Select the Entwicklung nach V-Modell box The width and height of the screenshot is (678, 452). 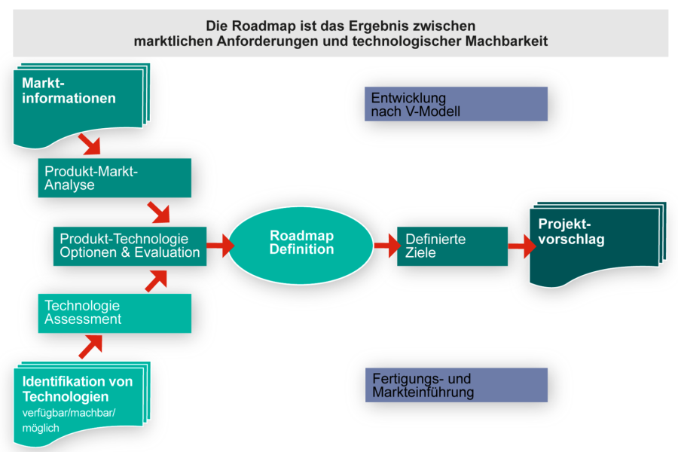tap(455, 104)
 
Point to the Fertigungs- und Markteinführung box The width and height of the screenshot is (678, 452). tap(455, 385)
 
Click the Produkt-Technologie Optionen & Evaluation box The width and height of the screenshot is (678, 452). tap(130, 246)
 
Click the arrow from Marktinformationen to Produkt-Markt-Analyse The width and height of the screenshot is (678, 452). tap(90, 142)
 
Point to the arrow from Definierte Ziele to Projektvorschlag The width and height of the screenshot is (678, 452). tap(520, 246)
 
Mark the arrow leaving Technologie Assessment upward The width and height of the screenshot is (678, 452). tap(157, 280)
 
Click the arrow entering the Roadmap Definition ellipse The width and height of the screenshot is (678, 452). tap(218, 246)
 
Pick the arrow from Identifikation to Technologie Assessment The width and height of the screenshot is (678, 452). tap(90, 347)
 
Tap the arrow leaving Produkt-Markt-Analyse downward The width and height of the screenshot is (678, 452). tap(159, 212)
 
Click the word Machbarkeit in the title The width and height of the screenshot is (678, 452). tap(505, 41)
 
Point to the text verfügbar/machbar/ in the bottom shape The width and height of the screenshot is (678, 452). tap(69, 414)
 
